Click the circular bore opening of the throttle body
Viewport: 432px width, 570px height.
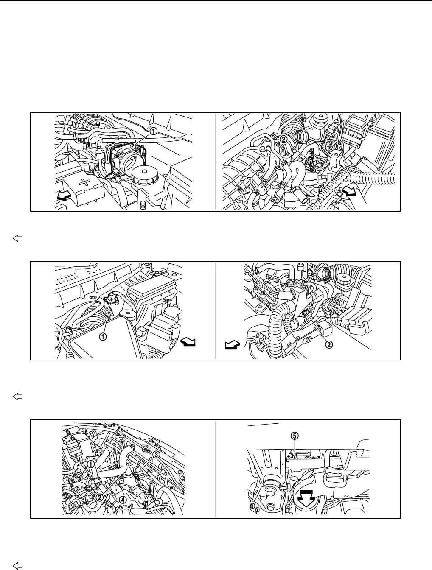129,160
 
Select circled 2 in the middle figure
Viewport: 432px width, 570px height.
328,344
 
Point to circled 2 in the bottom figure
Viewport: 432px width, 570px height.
99,497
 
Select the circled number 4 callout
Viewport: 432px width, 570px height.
123,500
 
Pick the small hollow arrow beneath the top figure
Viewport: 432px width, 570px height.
17,239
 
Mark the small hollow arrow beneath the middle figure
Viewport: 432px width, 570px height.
17,397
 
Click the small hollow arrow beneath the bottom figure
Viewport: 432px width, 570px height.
17,564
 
